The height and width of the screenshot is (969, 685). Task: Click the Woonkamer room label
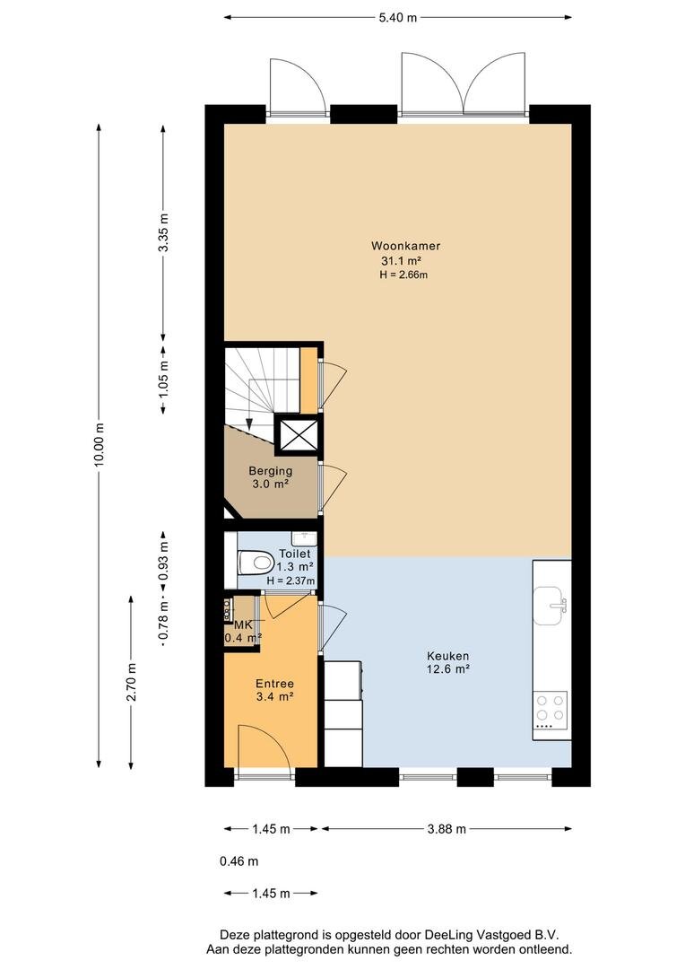[x=406, y=246]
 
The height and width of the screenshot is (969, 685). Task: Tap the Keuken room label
[x=447, y=656]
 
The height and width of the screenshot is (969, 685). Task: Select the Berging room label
[x=271, y=471]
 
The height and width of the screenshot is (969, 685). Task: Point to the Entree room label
[x=275, y=684]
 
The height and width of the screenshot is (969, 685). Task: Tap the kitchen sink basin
[x=551, y=604]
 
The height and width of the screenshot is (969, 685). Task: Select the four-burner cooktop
[x=551, y=708]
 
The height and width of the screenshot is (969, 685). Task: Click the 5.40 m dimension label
[x=398, y=17]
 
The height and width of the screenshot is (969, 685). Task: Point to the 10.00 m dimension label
[x=100, y=444]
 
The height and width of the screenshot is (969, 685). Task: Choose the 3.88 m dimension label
[x=447, y=829]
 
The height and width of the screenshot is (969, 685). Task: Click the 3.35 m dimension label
[x=163, y=232]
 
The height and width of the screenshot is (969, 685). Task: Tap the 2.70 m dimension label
[x=131, y=682]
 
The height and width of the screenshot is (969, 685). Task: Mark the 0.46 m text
[x=239, y=861]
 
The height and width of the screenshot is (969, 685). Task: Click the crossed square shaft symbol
[x=299, y=434]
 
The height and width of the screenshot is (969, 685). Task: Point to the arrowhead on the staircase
[x=249, y=423]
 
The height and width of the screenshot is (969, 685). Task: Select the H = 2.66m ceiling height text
[x=403, y=275]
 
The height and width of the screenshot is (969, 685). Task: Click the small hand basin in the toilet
[x=304, y=538]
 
